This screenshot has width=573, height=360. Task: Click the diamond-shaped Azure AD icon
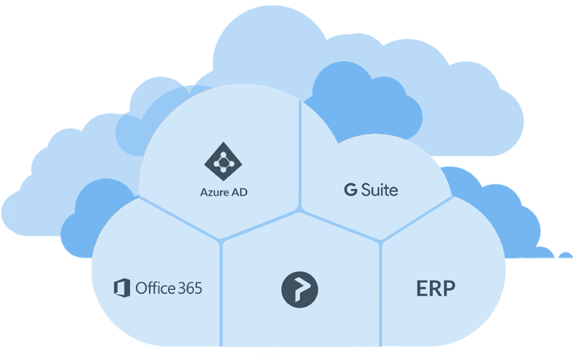(223, 161)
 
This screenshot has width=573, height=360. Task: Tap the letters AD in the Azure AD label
(239, 192)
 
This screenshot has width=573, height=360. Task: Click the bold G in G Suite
(350, 190)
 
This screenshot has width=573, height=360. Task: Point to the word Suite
(380, 190)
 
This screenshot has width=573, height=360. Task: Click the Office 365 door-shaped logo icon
(121, 288)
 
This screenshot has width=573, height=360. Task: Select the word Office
(151, 287)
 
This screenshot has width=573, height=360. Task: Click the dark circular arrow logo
(300, 289)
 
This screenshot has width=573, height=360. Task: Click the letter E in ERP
(422, 289)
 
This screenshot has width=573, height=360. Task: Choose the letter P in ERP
(450, 289)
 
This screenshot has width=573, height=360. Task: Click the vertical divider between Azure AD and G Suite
(300, 156)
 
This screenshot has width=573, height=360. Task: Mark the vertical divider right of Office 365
(221, 293)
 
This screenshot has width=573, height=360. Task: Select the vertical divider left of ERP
(380, 293)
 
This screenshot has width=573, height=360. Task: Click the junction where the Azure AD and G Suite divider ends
(300, 212)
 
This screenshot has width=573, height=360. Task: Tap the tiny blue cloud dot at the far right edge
(566, 255)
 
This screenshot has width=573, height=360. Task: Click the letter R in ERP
(436, 289)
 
